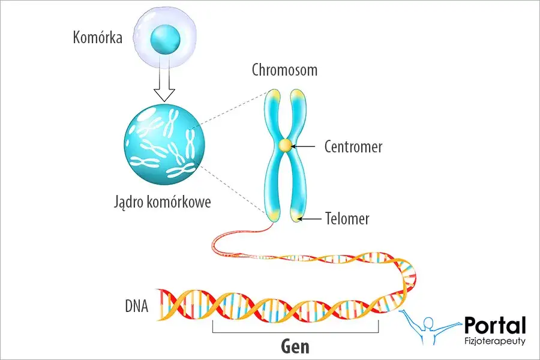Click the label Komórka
point(97,38)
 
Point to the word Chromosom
point(284,70)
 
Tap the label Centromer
point(353,146)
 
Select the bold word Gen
point(295,347)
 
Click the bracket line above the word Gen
point(295,331)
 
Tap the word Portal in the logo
point(495,325)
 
